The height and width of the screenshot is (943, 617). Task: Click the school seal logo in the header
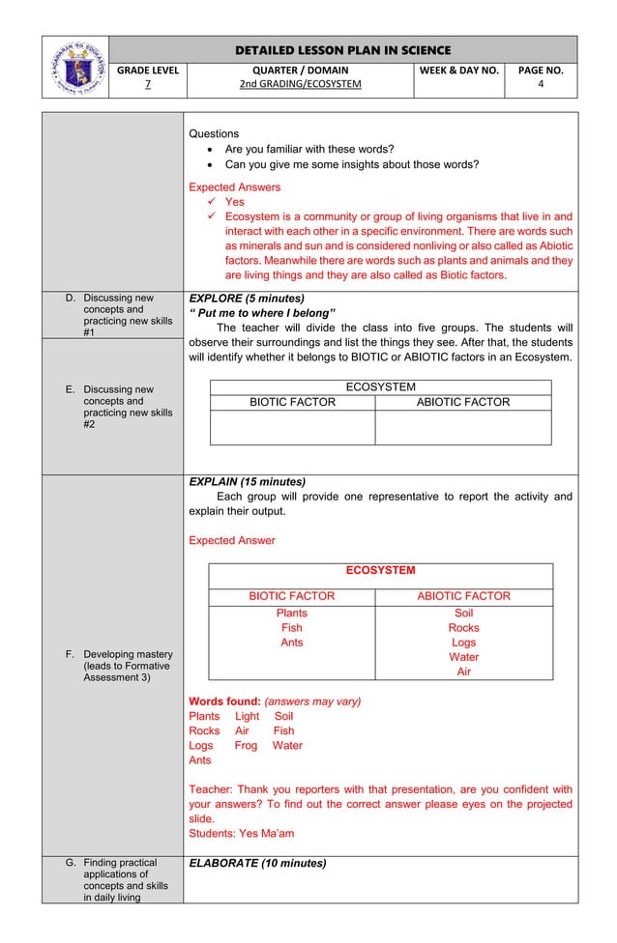click(x=74, y=67)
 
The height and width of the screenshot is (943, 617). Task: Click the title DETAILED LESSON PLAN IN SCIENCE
click(x=343, y=50)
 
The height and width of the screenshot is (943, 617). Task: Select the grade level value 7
click(x=147, y=85)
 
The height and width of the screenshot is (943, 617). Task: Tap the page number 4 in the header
click(x=541, y=85)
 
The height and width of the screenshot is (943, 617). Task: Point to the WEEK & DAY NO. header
click(x=458, y=71)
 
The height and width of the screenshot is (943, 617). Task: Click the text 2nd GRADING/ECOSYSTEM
click(x=300, y=85)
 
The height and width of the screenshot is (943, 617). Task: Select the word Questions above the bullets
click(x=214, y=133)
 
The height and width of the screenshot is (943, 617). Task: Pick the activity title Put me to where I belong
click(x=262, y=313)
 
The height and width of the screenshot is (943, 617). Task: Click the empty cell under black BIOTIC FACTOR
click(x=292, y=427)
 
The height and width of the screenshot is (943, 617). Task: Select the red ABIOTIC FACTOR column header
click(x=463, y=596)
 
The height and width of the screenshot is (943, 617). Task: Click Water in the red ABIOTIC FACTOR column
click(x=463, y=657)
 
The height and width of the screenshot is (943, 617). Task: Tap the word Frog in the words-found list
click(x=246, y=745)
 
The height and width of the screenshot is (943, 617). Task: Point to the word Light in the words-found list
click(x=247, y=716)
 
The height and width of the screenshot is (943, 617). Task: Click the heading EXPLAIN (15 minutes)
click(x=247, y=481)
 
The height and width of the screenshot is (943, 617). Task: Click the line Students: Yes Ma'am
click(x=241, y=833)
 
